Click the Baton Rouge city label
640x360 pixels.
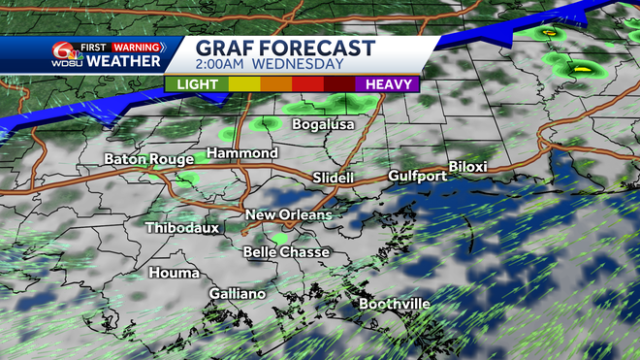144,158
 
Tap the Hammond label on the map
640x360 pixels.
243,153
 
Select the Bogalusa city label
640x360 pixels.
321,124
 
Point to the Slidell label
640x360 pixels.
334,179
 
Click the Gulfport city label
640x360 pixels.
417,176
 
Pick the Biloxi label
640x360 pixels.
467,167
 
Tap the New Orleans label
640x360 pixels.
288,214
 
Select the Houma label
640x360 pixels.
175,273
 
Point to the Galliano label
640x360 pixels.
238,293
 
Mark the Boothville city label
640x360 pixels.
395,304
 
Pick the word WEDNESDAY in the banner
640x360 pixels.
301,65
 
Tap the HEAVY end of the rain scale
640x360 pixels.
392,84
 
